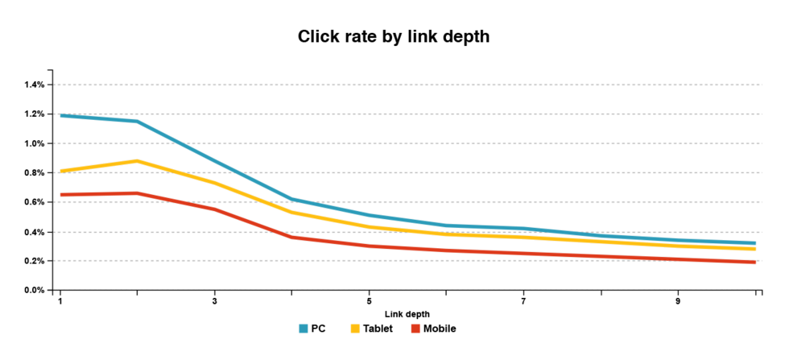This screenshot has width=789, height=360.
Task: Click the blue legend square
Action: click(x=304, y=329)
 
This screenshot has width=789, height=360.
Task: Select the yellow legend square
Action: click(x=355, y=329)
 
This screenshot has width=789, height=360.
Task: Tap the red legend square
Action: click(x=415, y=329)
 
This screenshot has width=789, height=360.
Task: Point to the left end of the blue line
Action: click(x=61, y=116)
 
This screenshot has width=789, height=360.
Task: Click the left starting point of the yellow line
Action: click(x=61, y=171)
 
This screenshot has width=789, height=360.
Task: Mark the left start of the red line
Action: click(x=61, y=195)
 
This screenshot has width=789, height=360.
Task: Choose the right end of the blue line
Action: click(x=755, y=243)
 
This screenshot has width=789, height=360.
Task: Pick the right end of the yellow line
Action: click(x=755, y=249)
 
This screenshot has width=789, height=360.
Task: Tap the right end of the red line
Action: click(x=755, y=262)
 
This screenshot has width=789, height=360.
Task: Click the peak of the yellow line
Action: click(x=138, y=161)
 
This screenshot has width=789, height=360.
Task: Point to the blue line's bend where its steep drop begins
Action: click(x=138, y=122)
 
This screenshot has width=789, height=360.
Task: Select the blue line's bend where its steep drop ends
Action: click(x=292, y=199)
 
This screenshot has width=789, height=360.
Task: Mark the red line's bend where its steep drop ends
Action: click(x=292, y=238)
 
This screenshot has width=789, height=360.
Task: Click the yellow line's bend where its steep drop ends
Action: click(x=292, y=213)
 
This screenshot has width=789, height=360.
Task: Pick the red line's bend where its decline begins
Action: click(x=138, y=193)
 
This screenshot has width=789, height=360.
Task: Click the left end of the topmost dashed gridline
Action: click(x=55, y=85)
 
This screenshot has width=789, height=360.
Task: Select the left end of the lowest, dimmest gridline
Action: click(x=55, y=289)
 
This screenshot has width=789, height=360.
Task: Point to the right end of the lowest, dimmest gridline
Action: click(x=762, y=289)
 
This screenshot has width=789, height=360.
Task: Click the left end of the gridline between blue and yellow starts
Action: click(x=55, y=143)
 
